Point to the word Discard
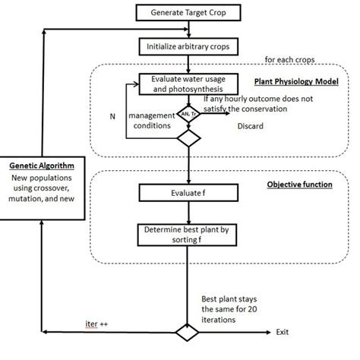click(x=251, y=125)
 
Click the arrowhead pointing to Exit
click(x=268, y=333)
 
